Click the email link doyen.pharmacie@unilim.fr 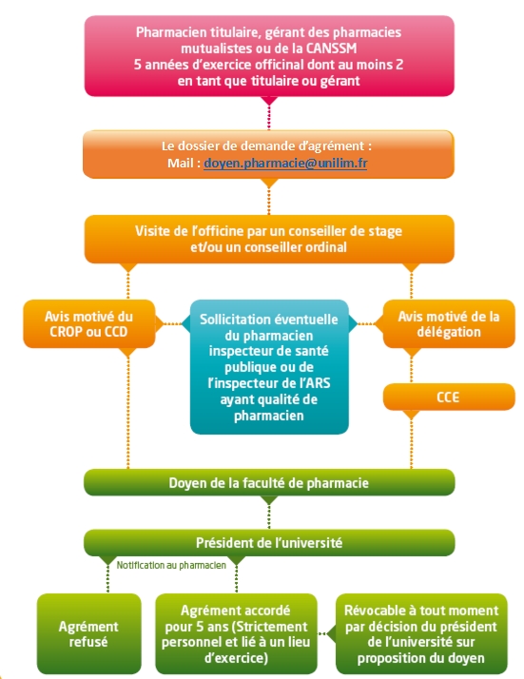pos(285,164)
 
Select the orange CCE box pos(449,397)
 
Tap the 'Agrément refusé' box pos(88,633)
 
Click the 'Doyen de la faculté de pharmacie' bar pos(269,482)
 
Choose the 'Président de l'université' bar pos(269,543)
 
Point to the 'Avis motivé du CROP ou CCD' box pos(88,324)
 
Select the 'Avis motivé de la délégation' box pos(449,324)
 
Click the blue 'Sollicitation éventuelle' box pos(269,367)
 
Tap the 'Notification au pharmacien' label pos(171,565)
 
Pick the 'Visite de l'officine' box pos(269,239)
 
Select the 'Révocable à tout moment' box pos(421,633)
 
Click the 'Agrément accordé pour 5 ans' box pos(236,633)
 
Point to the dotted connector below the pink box pos(269,117)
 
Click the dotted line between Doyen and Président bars pos(269,516)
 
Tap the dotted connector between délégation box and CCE pos(411,371)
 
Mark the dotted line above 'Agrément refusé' pos(107,579)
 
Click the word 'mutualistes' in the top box pos(212,48)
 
